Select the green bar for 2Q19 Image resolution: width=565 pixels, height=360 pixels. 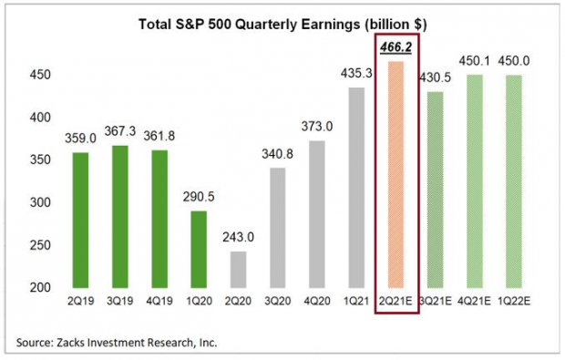click(80, 220)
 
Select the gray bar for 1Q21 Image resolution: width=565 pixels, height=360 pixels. click(355, 187)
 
